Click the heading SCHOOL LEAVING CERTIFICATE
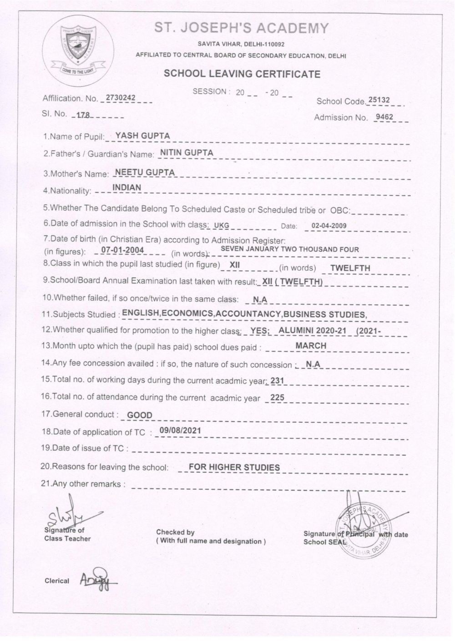(x=242, y=74)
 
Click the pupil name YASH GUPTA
(x=142, y=135)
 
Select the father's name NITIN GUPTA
(x=185, y=152)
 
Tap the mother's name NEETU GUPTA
(x=146, y=172)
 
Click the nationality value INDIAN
(x=126, y=187)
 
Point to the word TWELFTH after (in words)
(x=350, y=268)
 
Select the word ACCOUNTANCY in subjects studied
(x=248, y=314)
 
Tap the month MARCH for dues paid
(x=311, y=346)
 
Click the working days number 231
(x=277, y=380)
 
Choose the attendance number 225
(x=277, y=397)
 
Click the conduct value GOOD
(x=140, y=415)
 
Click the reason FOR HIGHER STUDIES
(x=234, y=467)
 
